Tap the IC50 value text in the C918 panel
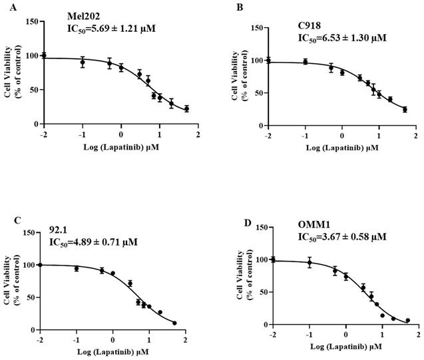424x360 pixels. [x=341, y=39]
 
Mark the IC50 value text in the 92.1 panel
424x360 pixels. [x=93, y=242]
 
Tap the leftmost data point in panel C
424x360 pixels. [x=40, y=265]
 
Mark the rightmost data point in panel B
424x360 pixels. [x=405, y=110]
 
